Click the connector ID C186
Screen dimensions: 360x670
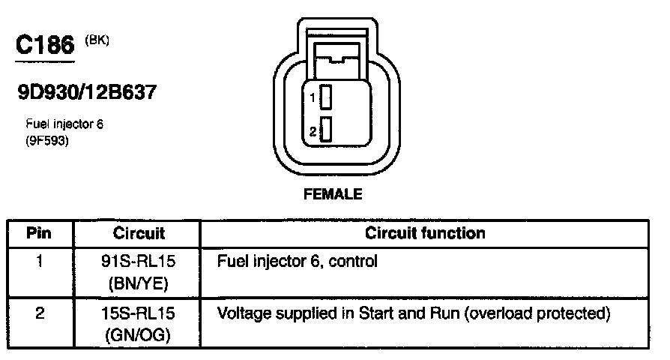pyautogui.click(x=45, y=46)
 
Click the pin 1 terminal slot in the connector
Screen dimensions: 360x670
pyautogui.click(x=325, y=97)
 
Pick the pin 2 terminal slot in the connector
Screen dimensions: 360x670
pyautogui.click(x=325, y=130)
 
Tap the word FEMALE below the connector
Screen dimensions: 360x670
pyautogui.click(x=333, y=194)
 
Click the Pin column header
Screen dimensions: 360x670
pyautogui.click(x=39, y=233)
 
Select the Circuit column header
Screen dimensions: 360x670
pyautogui.click(x=139, y=233)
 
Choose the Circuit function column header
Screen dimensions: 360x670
pyautogui.click(x=425, y=233)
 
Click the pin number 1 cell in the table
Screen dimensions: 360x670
pyautogui.click(x=40, y=262)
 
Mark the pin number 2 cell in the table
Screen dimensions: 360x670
pyautogui.click(x=40, y=313)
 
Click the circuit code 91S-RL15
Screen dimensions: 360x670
pyautogui.click(x=139, y=262)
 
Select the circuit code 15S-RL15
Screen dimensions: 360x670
pyautogui.click(x=139, y=313)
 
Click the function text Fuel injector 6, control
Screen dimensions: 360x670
pyautogui.click(x=297, y=262)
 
